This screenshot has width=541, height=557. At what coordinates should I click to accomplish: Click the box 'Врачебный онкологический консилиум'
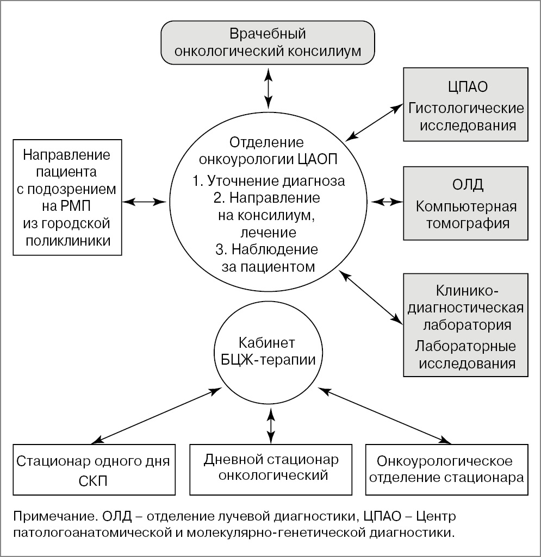(x=268, y=43)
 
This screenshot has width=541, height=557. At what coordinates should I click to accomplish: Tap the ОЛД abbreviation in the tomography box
(x=466, y=185)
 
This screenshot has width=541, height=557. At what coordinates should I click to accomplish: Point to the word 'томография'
(x=466, y=223)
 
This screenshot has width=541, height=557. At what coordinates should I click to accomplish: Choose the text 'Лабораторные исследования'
(x=466, y=354)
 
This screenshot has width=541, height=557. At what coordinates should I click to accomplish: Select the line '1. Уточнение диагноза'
(x=269, y=181)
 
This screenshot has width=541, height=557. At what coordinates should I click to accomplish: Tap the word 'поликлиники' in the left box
(x=66, y=240)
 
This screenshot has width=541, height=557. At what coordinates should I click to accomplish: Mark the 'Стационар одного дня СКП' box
(x=93, y=470)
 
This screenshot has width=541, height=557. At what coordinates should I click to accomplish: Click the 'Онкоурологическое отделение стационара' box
(x=446, y=470)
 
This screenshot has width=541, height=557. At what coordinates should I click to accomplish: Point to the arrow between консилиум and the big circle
(x=268, y=85)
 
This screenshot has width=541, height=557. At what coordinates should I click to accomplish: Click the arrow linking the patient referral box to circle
(x=144, y=202)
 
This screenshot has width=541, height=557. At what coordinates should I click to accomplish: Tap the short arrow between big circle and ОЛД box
(x=387, y=202)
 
